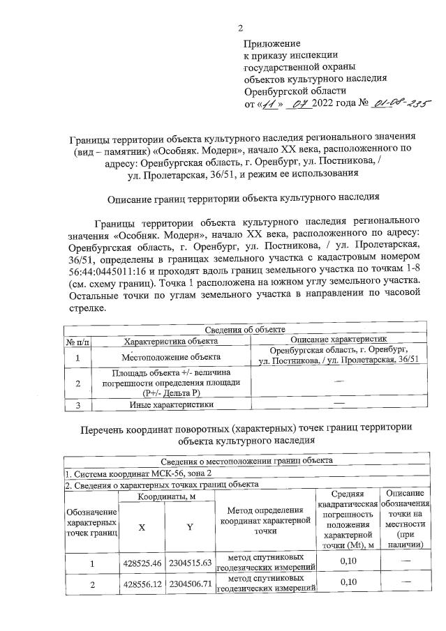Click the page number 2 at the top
pyautogui.click(x=241, y=28)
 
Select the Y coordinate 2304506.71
pyautogui.click(x=189, y=584)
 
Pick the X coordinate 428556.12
pyautogui.click(x=142, y=584)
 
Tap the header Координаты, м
pyautogui.click(x=165, y=496)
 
